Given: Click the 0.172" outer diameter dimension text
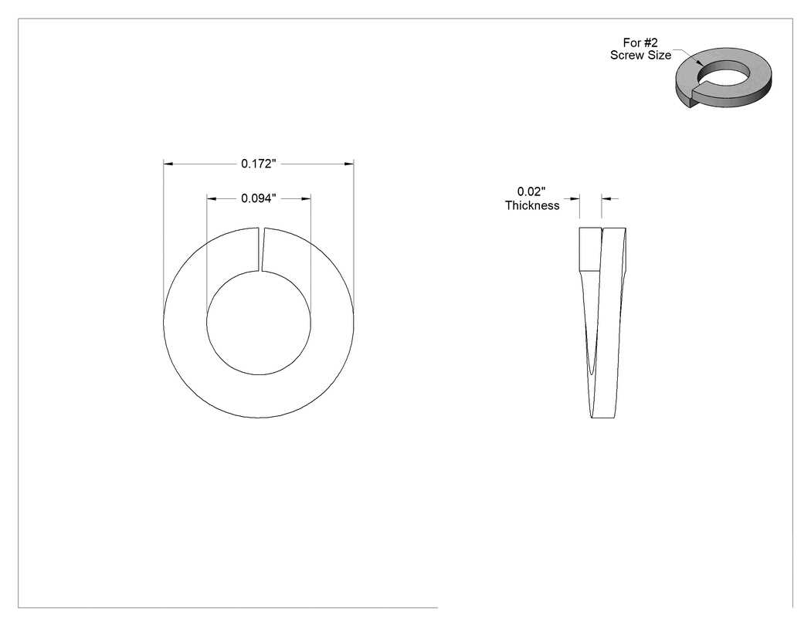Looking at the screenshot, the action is point(259,164).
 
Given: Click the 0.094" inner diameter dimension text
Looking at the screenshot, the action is point(259,198).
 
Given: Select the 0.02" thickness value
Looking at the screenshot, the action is point(531,191).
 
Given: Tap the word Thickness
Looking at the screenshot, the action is point(532,206).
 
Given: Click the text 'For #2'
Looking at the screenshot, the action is point(640,43).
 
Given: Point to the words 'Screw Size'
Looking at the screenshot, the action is point(640,56).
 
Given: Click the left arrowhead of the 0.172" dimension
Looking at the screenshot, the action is point(168,164).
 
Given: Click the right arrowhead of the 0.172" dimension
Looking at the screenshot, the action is point(350,164).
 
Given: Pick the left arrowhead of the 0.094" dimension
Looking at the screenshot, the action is point(211,198).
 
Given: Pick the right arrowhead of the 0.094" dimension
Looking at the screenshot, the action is point(306,198).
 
